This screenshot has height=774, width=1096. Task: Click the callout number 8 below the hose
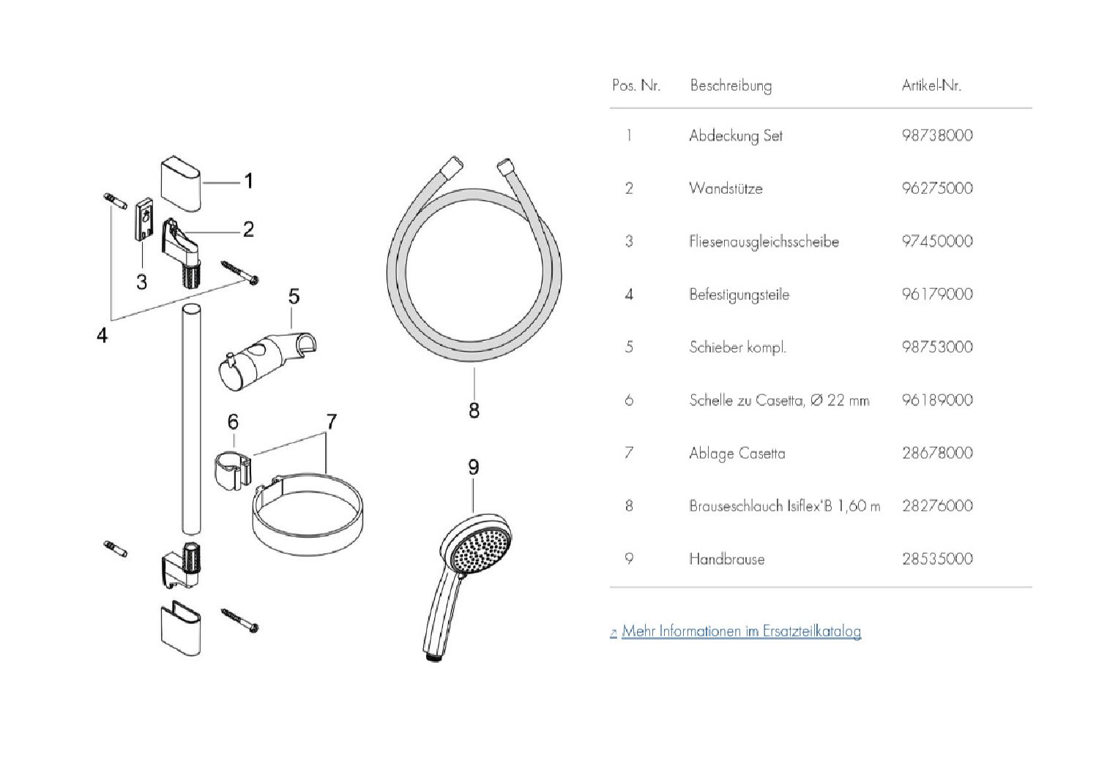click(474, 410)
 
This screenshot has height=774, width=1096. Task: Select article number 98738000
click(937, 135)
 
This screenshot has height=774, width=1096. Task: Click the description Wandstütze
click(726, 188)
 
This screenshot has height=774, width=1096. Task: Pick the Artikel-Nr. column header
click(931, 86)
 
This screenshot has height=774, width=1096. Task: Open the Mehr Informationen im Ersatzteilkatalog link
click(741, 631)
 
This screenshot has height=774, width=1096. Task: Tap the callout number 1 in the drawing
click(248, 181)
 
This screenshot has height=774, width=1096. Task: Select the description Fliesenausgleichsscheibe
click(764, 241)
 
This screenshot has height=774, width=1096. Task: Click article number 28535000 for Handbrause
click(937, 559)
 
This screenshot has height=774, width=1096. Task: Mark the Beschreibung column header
click(731, 86)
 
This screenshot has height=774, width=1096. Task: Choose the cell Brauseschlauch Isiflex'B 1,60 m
click(784, 506)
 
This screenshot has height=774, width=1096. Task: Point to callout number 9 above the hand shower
click(473, 466)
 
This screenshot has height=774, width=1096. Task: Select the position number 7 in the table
click(629, 453)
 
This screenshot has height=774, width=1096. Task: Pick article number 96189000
click(937, 400)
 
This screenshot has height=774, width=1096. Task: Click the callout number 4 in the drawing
click(102, 335)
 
